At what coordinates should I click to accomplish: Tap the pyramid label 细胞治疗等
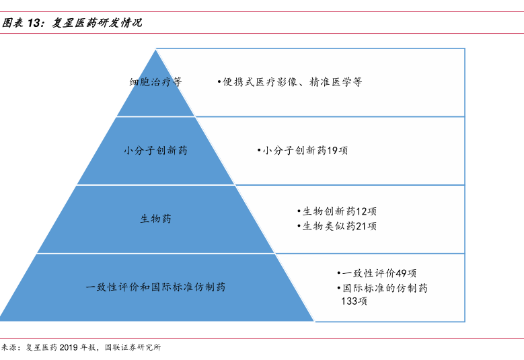tap(155, 82)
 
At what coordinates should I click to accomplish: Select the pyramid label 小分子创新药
tap(155, 151)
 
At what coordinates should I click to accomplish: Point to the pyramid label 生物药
tap(155, 219)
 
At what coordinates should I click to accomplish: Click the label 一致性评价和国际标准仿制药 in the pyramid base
tap(155, 287)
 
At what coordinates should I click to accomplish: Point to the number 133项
tap(354, 301)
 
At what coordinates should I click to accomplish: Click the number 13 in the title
tap(35, 23)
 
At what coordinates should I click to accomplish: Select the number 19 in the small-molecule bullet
tap(332, 151)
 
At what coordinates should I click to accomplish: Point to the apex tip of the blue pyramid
tap(156, 50)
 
